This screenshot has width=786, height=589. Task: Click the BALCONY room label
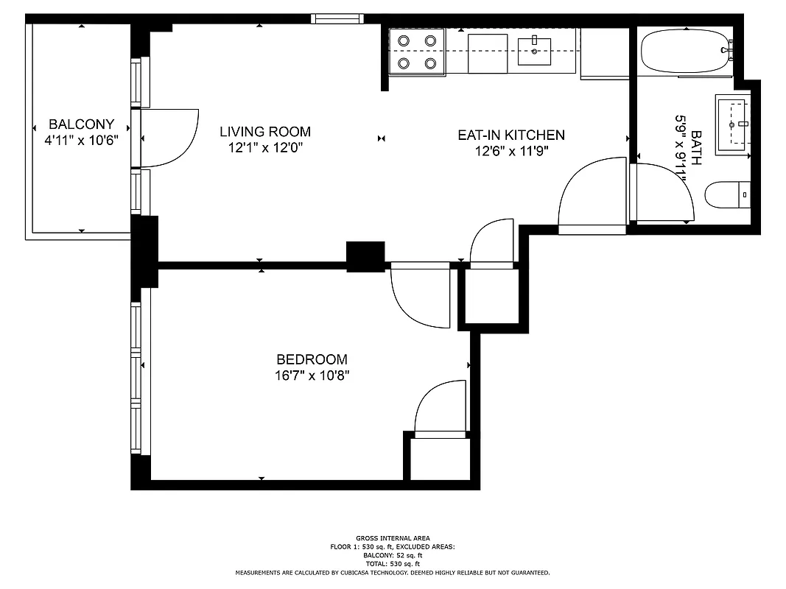coord(81,124)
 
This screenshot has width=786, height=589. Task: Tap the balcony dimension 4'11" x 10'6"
coord(81,138)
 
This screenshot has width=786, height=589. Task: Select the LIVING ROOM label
coord(265,132)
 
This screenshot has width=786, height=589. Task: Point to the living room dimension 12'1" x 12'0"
coord(265,147)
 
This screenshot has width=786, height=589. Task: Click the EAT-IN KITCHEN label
coord(511,135)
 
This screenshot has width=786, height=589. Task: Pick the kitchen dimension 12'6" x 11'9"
coord(511,151)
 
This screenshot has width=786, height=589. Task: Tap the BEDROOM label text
coord(312,359)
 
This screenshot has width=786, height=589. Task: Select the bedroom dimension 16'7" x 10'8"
coord(312,375)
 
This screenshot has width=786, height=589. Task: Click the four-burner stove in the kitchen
coord(417,52)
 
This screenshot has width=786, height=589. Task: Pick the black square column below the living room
coord(365,257)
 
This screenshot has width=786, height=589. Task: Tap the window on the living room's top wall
coord(337,19)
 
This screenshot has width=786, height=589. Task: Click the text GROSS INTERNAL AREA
coord(393,538)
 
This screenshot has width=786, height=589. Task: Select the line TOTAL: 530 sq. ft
coord(393,563)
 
